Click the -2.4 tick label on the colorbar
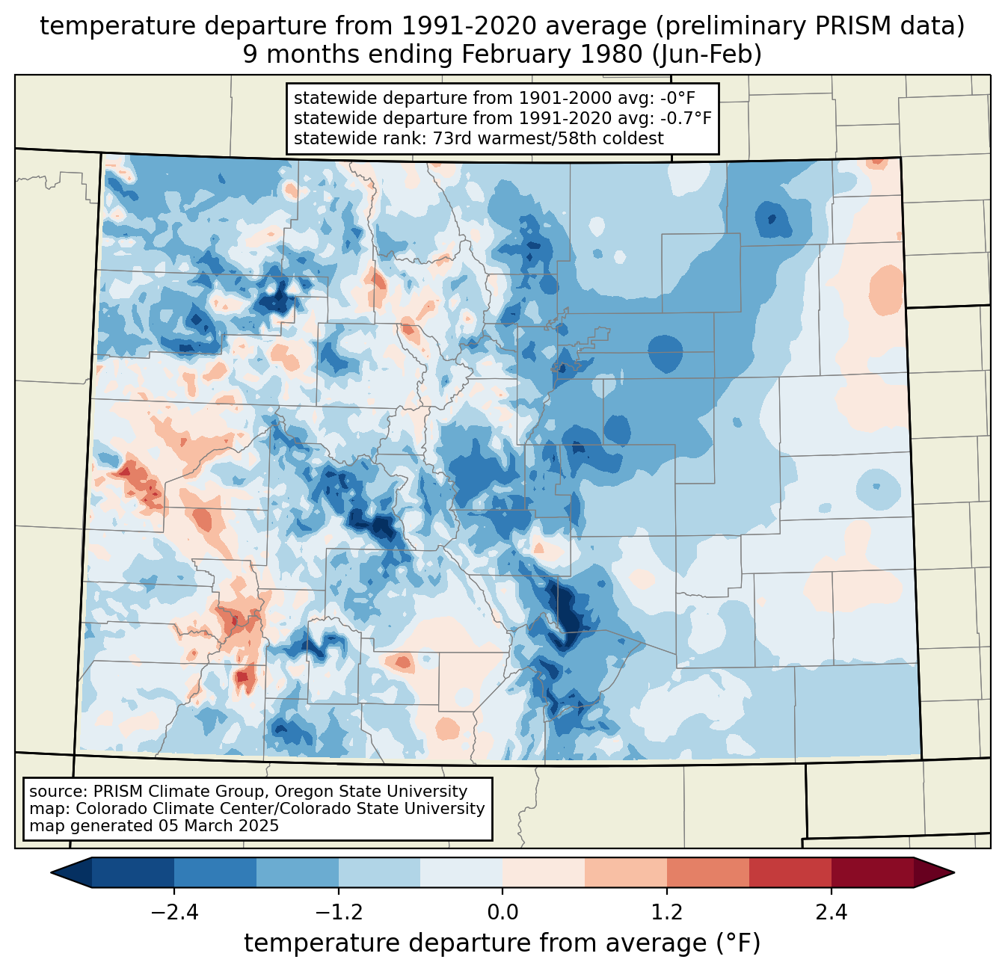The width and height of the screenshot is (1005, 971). point(173,913)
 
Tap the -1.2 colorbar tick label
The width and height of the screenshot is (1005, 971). point(338,913)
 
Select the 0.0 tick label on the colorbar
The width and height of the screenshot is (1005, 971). point(502,913)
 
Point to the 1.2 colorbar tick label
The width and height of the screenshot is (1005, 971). point(667,913)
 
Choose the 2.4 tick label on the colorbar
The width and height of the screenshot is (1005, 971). point(831,913)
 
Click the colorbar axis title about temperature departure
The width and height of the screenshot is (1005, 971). point(502,943)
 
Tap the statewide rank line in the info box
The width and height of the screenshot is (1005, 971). point(479,138)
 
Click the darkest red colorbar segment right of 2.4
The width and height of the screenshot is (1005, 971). point(872,872)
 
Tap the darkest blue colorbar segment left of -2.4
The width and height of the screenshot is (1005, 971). point(133,872)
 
